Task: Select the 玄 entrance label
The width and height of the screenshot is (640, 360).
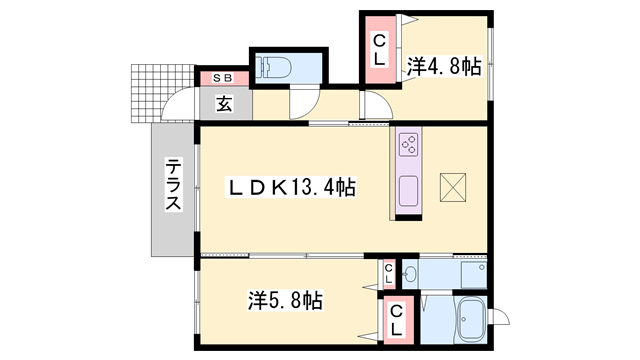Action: (x=225, y=103)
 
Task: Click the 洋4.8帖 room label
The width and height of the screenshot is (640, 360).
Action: (x=444, y=67)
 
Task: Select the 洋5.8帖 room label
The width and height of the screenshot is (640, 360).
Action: (x=285, y=299)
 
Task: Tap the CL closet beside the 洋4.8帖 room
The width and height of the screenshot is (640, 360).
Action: (x=380, y=49)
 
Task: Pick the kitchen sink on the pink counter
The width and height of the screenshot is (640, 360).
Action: (x=408, y=189)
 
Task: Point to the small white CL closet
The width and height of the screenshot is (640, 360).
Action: (x=388, y=273)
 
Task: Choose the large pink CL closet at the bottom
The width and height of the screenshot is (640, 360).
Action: (x=396, y=321)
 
